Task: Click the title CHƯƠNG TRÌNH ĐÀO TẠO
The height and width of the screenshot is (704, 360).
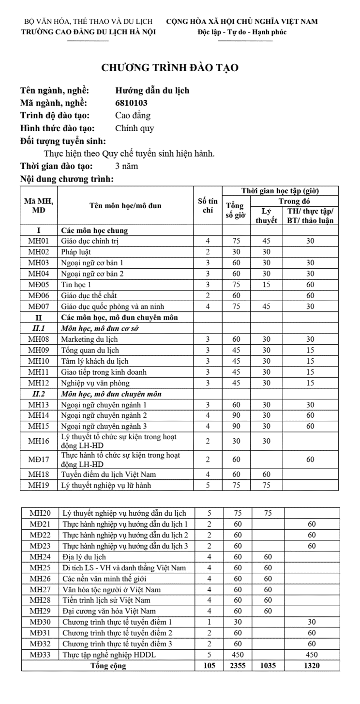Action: [x=170, y=68]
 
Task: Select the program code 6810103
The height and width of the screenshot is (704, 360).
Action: [x=131, y=103]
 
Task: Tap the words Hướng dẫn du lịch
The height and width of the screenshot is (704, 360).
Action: [x=152, y=90]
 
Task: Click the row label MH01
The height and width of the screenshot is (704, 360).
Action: [x=39, y=241]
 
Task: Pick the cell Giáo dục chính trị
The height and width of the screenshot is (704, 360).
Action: [x=90, y=241]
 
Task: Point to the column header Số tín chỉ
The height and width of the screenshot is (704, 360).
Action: [x=208, y=206]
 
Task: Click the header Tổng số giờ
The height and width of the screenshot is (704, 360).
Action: [x=236, y=211]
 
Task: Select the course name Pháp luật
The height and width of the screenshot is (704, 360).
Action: [x=76, y=252]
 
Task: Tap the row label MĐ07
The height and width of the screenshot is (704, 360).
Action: [x=39, y=306]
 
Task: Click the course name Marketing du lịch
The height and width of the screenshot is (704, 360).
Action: [x=88, y=339]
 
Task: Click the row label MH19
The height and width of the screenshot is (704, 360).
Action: [x=39, y=485]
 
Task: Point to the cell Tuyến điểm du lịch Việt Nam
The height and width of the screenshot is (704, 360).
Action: [x=108, y=474]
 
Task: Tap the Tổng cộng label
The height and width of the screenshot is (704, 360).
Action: [x=108, y=665]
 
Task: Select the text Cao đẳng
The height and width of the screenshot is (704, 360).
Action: [x=133, y=115]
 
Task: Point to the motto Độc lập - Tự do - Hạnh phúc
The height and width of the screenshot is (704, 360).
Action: [x=242, y=32]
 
